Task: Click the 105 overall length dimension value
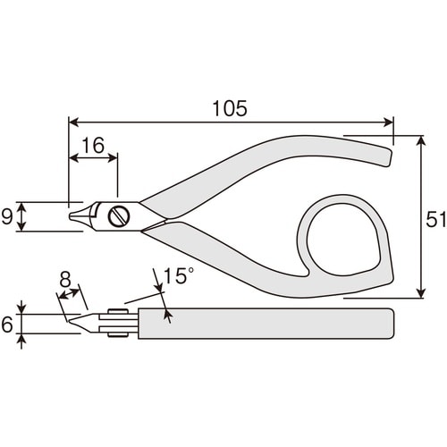coord(230,108)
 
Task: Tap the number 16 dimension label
coord(93,146)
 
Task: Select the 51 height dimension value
coord(435,220)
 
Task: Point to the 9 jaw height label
coord(7,216)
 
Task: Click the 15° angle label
coord(179,275)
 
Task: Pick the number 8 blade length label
coord(65,280)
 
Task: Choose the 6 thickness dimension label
coord(7,325)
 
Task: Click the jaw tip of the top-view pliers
coord(71,215)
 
